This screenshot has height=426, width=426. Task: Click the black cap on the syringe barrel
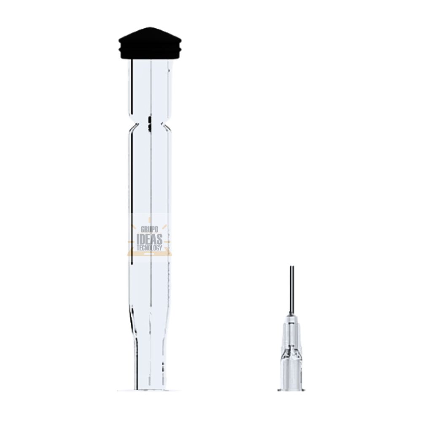click(x=150, y=43)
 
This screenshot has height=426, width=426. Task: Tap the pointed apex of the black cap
click(x=150, y=27)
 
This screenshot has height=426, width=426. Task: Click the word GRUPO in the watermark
click(x=149, y=229)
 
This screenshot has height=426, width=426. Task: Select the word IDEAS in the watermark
click(x=149, y=239)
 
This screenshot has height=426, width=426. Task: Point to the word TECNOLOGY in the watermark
click(x=149, y=248)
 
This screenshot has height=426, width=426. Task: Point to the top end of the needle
click(x=292, y=266)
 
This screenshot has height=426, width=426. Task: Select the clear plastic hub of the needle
click(x=291, y=353)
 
